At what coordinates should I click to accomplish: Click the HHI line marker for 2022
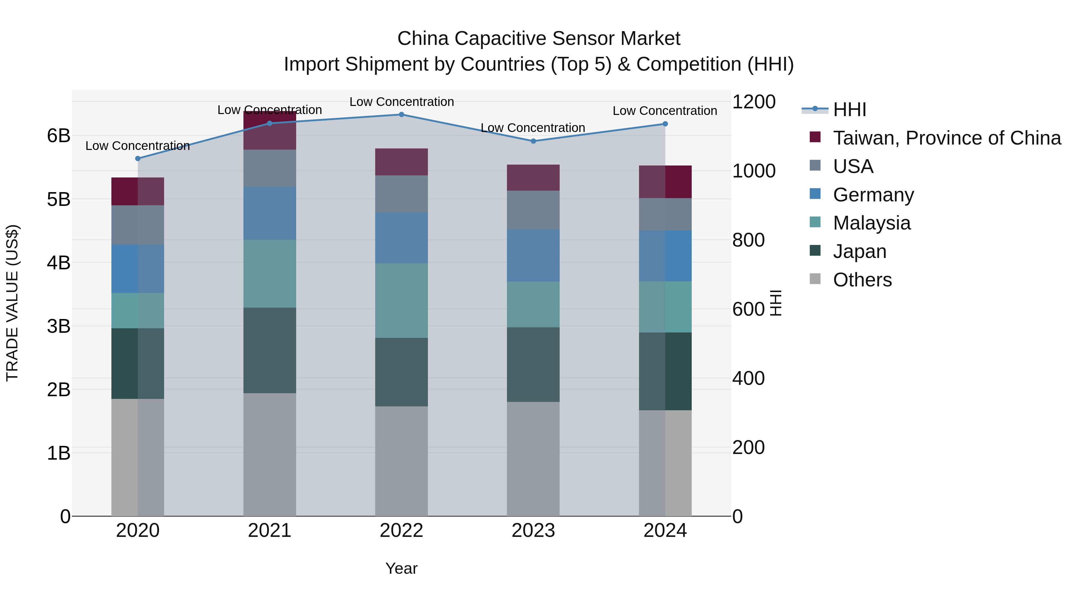401,115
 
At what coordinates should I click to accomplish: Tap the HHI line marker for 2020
138,159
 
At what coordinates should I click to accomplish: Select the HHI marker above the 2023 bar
533,141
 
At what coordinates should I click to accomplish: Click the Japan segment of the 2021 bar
269,350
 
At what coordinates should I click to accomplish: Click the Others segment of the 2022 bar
401,461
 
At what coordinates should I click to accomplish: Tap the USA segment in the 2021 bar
269,168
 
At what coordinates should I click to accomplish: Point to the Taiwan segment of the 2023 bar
533,178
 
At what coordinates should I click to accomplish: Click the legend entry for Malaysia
871,223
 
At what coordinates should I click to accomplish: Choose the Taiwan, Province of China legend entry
947,138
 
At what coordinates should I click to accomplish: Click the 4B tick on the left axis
59,263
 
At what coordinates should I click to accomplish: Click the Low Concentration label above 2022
401,102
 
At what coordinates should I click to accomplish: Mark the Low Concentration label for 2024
664,111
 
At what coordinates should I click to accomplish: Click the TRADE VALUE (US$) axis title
13,303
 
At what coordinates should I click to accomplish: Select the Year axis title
401,568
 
